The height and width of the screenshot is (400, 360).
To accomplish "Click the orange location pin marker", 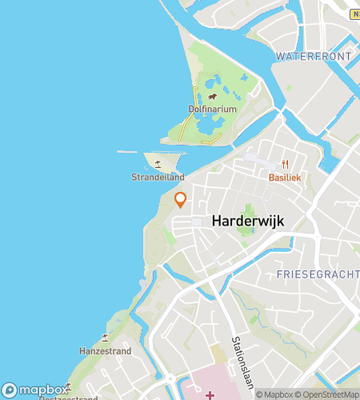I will coord(181,199).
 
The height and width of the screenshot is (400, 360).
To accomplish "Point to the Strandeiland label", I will coord(158,178).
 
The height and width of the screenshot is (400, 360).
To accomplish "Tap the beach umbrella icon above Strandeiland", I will coord(158,164).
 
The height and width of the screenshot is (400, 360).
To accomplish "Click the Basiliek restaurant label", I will coord(285,178).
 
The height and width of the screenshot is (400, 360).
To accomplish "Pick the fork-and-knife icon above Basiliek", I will coord(285,164).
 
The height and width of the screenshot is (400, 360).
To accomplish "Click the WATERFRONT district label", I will coord(314,56).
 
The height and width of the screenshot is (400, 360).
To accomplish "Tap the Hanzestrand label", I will coord(104,351).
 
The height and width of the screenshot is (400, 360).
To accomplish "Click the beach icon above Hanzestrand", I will coord(105,338).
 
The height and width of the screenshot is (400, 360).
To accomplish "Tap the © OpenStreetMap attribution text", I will coord(329,394).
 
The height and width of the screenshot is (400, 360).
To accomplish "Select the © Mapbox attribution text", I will coord(276,394).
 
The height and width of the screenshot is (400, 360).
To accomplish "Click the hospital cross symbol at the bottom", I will coord(210,394).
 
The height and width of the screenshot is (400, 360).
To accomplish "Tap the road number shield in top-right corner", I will coord(355,14).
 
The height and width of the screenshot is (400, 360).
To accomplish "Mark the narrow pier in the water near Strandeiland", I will coord(127,152).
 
